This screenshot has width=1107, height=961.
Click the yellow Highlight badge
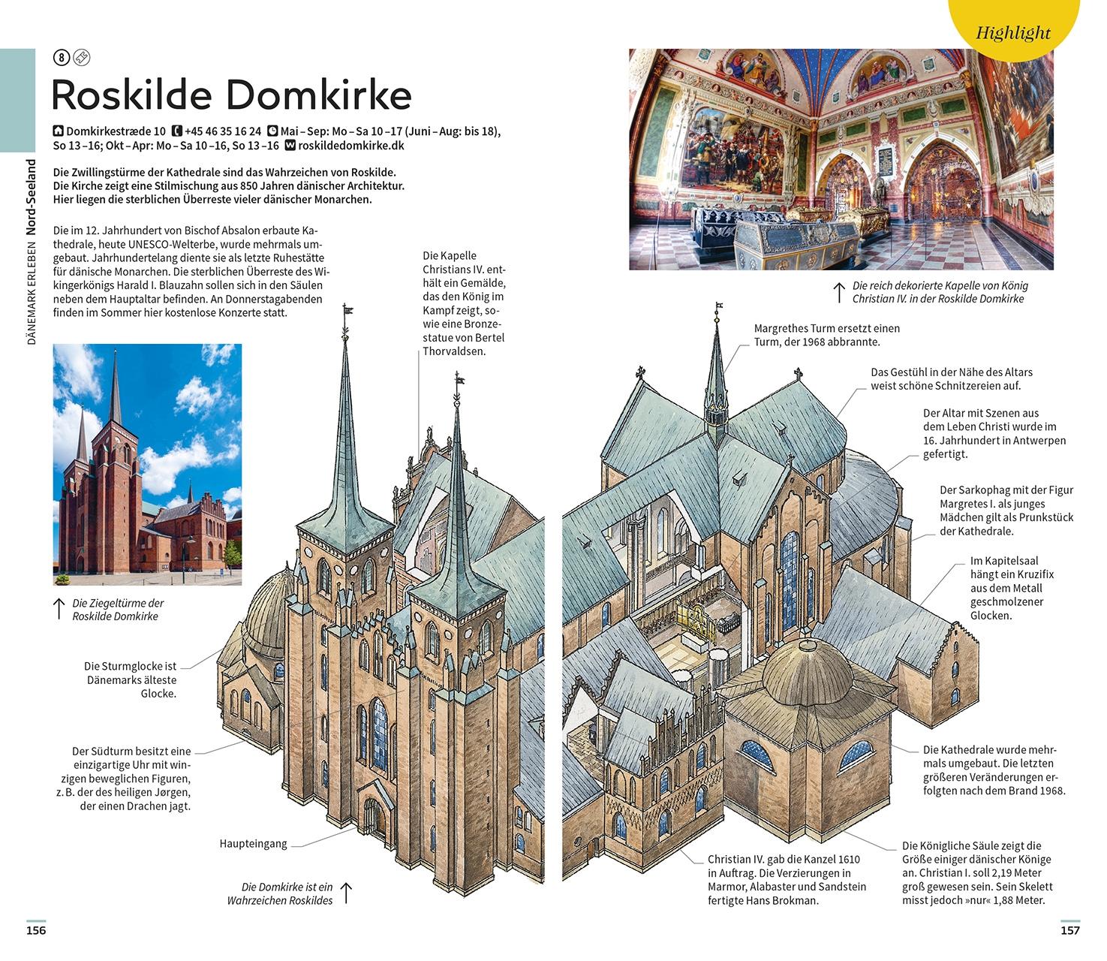pyautogui.click(x=1014, y=26)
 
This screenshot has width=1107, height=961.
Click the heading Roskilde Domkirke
pyautogui.click(x=232, y=95)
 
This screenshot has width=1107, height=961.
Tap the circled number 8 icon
pyautogui.click(x=61, y=57)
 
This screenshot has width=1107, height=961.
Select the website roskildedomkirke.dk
pyautogui.click(x=351, y=146)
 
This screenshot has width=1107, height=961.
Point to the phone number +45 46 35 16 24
pyautogui.click(x=222, y=131)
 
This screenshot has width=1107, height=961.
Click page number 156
pyautogui.click(x=36, y=930)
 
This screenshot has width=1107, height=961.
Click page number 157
pyautogui.click(x=1069, y=930)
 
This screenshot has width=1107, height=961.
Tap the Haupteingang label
pyautogui.click(x=253, y=844)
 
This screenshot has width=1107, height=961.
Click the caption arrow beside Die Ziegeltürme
pyautogui.click(x=59, y=609)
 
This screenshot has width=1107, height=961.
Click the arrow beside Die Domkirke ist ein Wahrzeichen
pyautogui.click(x=346, y=893)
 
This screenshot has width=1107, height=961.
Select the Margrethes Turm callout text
pyautogui.click(x=827, y=335)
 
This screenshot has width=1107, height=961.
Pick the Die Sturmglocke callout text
pyautogui.click(x=131, y=679)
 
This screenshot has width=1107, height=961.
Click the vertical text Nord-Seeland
pyautogui.click(x=31, y=197)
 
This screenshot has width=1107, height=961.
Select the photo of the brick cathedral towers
pyautogui.click(x=147, y=464)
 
